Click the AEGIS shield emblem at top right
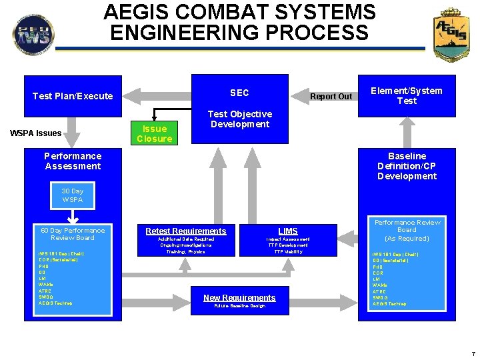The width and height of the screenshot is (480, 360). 451,35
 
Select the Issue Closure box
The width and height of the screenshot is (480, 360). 154,133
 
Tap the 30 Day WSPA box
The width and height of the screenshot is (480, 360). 73,195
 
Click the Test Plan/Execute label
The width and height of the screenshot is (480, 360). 73,96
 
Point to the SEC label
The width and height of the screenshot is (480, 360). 239,93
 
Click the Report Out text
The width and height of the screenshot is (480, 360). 331,96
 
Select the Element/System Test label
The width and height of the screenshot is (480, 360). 407,96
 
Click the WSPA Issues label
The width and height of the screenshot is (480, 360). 36,133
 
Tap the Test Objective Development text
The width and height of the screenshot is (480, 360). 240,119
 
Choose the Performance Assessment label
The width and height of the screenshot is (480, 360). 73,161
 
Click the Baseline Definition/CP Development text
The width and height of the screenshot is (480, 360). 407,166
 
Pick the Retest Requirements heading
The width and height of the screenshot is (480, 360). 186,231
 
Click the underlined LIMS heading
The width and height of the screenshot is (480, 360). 288,231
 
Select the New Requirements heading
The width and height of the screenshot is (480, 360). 239,297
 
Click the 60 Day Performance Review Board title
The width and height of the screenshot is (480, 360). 73,234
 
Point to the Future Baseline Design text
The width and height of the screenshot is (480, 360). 239,306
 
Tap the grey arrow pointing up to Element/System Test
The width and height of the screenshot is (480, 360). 407,129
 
